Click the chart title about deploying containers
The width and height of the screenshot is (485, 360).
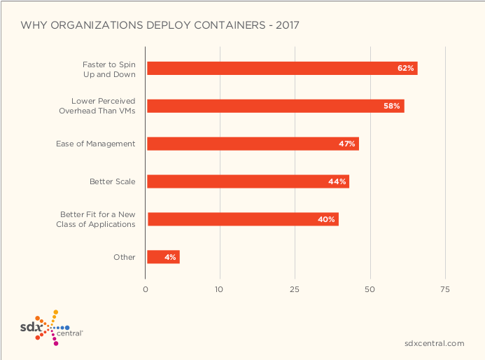[160, 25]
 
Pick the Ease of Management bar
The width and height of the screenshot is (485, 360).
[252, 144]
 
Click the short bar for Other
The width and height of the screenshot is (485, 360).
[163, 257]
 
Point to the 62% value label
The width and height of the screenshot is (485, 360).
[406, 68]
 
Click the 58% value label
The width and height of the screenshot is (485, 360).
[392, 106]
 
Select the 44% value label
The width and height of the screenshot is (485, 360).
[337, 181]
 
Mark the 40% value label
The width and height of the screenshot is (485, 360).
[326, 219]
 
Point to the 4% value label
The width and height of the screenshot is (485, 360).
[170, 257]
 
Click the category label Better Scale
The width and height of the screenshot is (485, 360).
[112, 181]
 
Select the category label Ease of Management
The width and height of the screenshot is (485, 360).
[95, 144]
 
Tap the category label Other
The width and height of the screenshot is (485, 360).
[124, 257]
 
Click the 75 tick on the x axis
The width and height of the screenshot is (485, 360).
[444, 289]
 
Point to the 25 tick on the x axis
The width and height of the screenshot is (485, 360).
[295, 289]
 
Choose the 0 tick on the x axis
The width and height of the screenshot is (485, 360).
[146, 289]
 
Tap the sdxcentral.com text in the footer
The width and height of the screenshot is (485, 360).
[434, 343]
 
